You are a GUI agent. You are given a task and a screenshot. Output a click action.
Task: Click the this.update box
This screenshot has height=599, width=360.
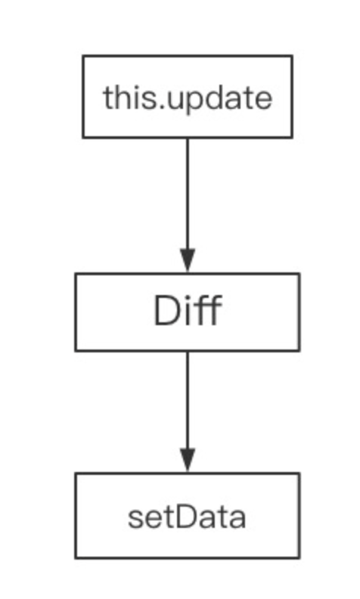pos(188,97)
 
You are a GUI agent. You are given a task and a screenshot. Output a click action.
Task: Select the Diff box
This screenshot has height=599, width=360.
pos(188,312)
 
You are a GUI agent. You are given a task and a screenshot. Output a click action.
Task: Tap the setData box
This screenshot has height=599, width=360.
pos(188,516)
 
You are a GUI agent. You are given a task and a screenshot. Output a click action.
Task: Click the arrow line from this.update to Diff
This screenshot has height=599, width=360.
pos(188,205)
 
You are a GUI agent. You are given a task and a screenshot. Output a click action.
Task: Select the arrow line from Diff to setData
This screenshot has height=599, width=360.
pos(188,411)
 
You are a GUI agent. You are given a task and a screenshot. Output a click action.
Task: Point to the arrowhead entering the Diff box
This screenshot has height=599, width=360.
pos(188,260)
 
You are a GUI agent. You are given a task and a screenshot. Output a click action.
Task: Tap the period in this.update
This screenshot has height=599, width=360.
pos(162,107)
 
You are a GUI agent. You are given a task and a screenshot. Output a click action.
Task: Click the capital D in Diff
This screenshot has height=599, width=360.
pos(166,310)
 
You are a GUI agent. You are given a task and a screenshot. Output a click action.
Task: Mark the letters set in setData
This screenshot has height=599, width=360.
pos(151,517)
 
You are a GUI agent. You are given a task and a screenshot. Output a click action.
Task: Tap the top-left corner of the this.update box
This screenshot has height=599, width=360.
pos(82,55)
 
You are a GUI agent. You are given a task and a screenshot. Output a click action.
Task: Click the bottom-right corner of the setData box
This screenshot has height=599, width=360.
pos(299,558)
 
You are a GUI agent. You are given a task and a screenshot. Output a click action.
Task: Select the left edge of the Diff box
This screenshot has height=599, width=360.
pos(76,312)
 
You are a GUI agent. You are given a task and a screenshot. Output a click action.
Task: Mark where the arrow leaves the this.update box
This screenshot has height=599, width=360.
pos(188,138)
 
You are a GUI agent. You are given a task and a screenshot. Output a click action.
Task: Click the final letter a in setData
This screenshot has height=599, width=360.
pos(237,520)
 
